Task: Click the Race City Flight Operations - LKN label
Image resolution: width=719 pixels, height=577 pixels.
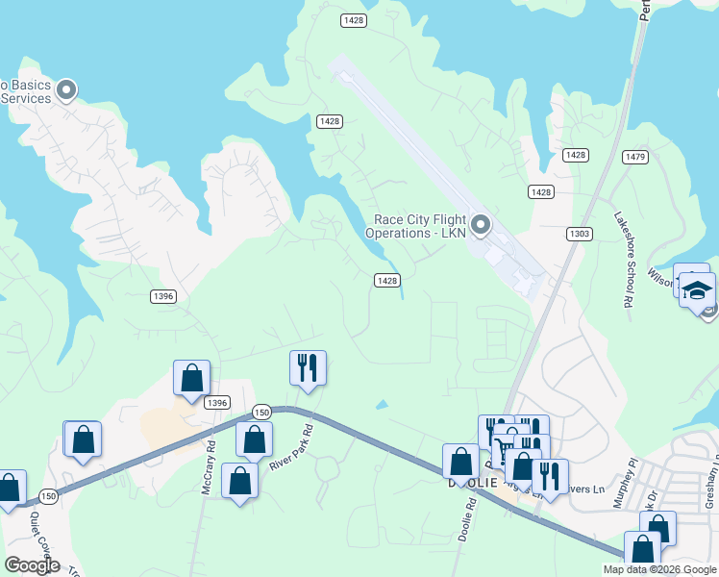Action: tap(415, 226)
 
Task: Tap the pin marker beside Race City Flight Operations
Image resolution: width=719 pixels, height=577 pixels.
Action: tap(483, 226)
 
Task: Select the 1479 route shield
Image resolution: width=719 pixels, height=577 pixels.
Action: tap(635, 157)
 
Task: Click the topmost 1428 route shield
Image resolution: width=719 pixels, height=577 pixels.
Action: tap(351, 20)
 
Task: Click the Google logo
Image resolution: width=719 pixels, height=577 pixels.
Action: tap(33, 565)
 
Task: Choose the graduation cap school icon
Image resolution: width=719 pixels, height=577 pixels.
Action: tap(697, 289)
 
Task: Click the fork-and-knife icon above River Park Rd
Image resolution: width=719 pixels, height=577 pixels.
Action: tap(308, 369)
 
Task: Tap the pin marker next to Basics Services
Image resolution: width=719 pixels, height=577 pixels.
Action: tap(66, 91)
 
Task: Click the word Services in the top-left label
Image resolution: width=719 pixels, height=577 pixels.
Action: tap(26, 98)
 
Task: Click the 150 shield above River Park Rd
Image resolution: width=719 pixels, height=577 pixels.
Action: tap(262, 412)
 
